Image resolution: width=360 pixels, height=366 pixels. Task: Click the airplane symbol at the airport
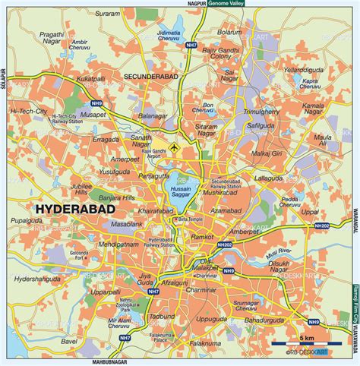176,146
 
